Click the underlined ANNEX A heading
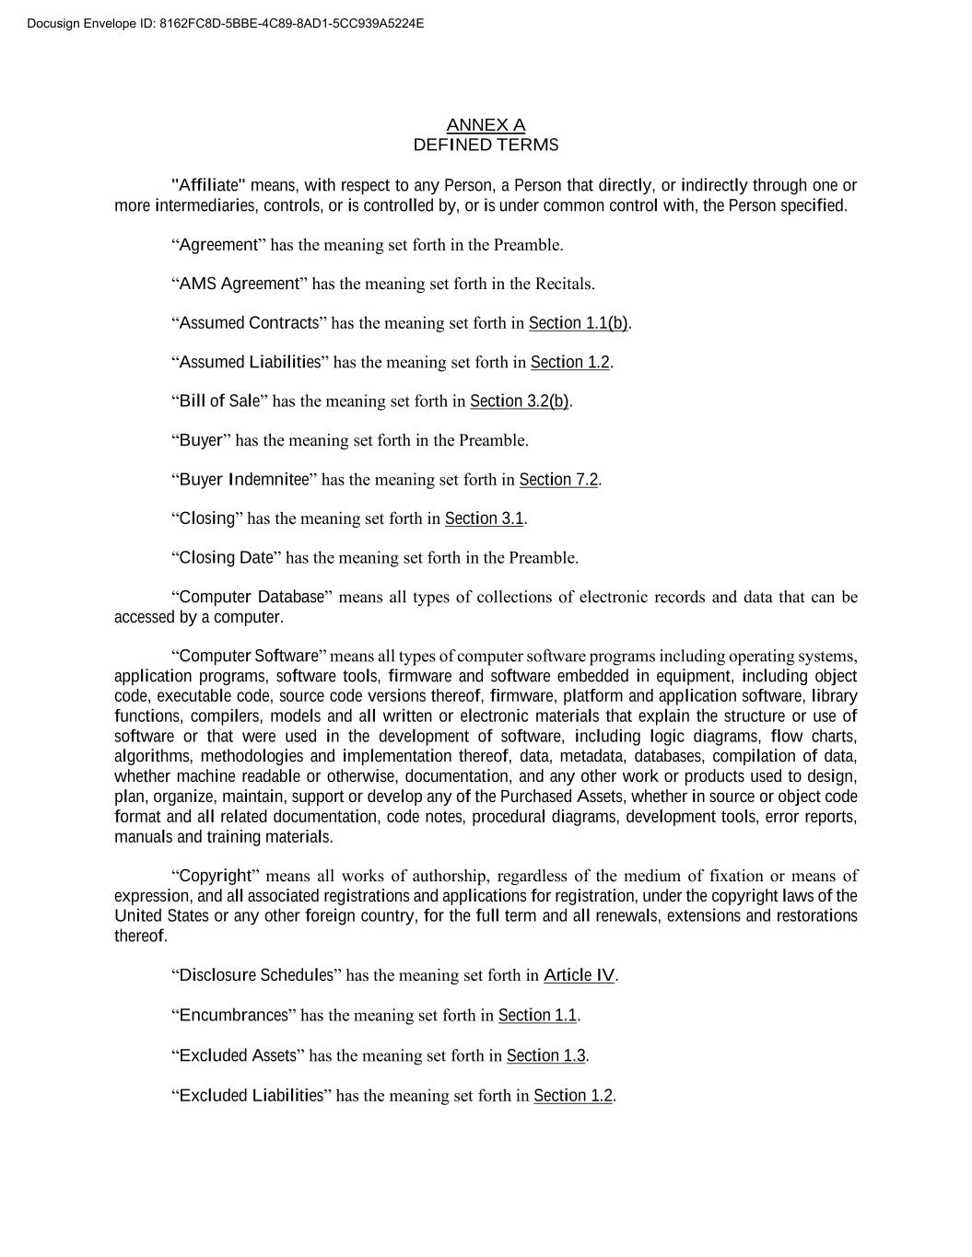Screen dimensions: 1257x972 (x=486, y=125)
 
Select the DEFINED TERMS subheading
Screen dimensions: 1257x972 (x=486, y=145)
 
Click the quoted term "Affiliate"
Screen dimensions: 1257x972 (x=209, y=185)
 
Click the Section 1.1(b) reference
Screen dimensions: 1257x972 (x=578, y=323)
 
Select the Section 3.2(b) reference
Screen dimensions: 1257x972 (x=520, y=402)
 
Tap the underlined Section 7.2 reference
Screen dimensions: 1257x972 (x=558, y=480)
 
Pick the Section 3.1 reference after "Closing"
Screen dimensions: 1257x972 (x=484, y=519)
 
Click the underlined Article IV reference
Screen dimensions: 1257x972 (x=579, y=975)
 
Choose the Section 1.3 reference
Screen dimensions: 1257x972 (x=545, y=1056)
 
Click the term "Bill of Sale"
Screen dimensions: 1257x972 (x=219, y=402)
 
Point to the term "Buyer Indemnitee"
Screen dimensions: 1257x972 (x=244, y=480)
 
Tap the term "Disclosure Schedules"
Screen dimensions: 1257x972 (x=256, y=975)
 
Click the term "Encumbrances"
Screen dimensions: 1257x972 (x=234, y=1016)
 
